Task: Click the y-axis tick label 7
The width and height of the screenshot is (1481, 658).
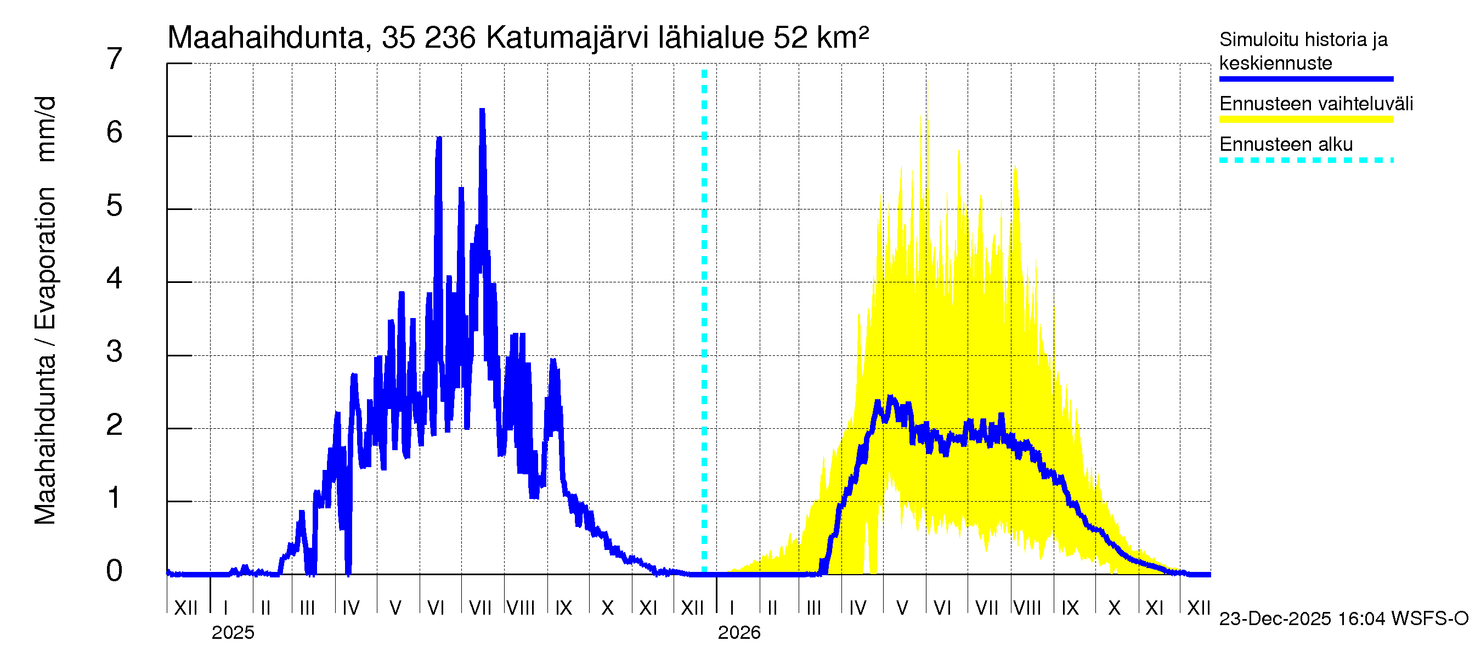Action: [x=115, y=59]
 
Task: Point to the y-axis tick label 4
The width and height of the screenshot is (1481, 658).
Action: [x=115, y=279]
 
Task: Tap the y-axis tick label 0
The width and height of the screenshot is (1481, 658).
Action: [x=115, y=571]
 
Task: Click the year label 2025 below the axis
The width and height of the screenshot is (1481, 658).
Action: [x=233, y=633]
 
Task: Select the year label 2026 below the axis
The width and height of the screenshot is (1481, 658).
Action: [x=739, y=633]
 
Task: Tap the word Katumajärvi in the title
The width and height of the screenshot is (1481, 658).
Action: [x=567, y=38]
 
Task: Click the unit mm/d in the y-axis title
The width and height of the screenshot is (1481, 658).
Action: [x=46, y=129]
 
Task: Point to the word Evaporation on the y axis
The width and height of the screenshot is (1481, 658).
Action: [x=46, y=258]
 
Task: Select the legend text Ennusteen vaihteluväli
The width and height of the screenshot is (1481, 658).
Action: [x=1316, y=104]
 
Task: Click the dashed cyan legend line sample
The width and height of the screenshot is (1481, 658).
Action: [x=1305, y=160]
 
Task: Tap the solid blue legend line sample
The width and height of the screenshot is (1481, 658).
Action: [x=1305, y=79]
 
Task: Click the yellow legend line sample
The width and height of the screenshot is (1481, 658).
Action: [x=1305, y=120]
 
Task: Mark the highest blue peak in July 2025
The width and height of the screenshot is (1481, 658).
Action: [x=482, y=110]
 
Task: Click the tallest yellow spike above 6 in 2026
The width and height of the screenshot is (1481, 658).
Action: [x=927, y=86]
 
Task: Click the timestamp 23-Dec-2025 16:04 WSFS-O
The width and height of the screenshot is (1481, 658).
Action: [x=1343, y=619]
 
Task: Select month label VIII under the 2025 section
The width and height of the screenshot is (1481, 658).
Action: [x=521, y=608]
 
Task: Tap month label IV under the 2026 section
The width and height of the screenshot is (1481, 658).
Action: [x=857, y=608]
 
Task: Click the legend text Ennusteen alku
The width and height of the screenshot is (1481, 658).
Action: [x=1286, y=144]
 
